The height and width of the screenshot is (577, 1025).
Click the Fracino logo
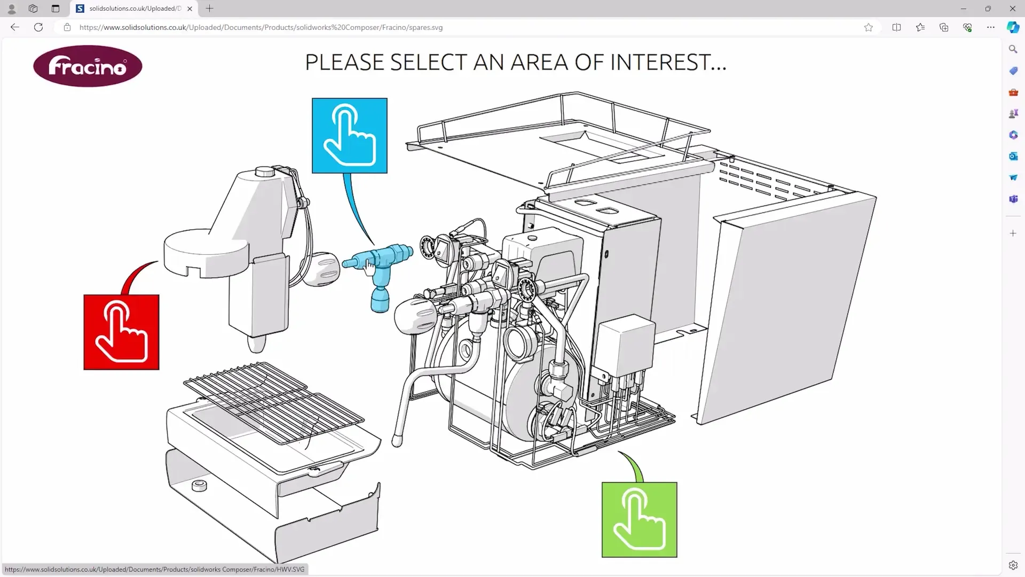click(88, 66)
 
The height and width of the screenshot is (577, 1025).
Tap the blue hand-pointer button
click(350, 136)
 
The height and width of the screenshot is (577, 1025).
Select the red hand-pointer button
click(121, 332)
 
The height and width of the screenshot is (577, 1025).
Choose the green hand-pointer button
click(639, 519)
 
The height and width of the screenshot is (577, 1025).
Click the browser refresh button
click(38, 27)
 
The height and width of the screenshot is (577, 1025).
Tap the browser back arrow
click(15, 27)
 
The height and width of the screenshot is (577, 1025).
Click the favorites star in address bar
click(869, 27)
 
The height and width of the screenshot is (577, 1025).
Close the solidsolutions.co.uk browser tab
click(190, 9)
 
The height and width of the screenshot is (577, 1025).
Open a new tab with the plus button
click(209, 9)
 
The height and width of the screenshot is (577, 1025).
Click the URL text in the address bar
click(261, 27)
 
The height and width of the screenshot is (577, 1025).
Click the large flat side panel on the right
click(785, 315)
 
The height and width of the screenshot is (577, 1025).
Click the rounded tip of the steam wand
click(397, 441)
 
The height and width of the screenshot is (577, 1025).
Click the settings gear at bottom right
click(1013, 565)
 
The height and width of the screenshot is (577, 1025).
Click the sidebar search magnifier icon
click(1013, 49)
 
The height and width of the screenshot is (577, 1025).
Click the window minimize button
click(963, 9)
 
